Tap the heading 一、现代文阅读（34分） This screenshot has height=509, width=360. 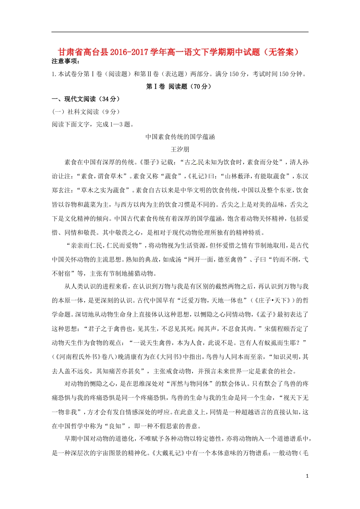(x=86, y=99)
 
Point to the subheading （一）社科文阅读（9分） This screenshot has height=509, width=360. (x=86, y=112)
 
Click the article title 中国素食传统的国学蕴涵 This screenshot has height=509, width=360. (x=180, y=137)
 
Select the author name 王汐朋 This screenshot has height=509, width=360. (x=180, y=149)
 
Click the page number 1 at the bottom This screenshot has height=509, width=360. (x=307, y=476)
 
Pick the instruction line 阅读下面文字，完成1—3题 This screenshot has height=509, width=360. (x=92, y=124)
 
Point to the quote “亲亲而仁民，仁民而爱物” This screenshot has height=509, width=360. (x=105, y=245)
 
